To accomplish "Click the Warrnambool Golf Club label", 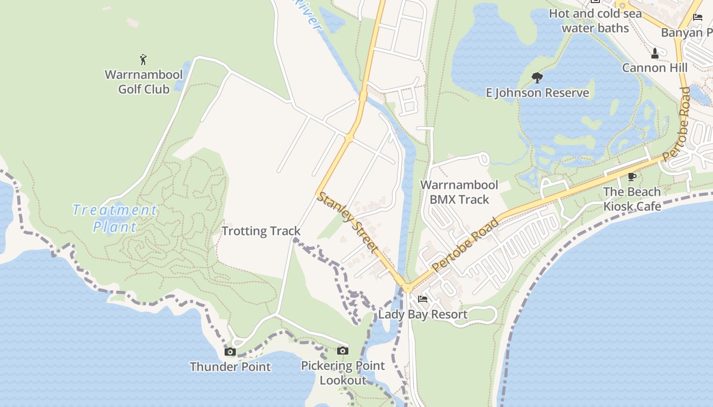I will click(x=144, y=82).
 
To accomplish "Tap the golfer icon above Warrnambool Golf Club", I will click(x=143, y=60).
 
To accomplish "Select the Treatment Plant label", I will click(x=115, y=218).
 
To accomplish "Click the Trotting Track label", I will click(x=261, y=231).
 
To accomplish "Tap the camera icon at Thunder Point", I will click(x=230, y=352).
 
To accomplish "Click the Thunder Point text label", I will click(x=230, y=367).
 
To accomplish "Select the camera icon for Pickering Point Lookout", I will click(x=343, y=351).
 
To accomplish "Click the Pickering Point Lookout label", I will click(x=343, y=373).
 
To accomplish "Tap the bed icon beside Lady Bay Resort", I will click(x=423, y=299).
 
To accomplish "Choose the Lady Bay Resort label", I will click(x=423, y=314).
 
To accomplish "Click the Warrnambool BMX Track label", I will click(x=459, y=192).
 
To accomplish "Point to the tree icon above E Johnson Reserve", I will click(x=537, y=78).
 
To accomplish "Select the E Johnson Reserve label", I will click(x=537, y=93).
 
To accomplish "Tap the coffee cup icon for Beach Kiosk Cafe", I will click(x=632, y=177).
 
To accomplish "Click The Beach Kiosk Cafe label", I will click(x=632, y=199).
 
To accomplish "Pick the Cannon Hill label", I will click(x=655, y=68).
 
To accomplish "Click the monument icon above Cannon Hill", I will click(x=655, y=52).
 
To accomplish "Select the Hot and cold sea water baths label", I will click(x=595, y=21).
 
